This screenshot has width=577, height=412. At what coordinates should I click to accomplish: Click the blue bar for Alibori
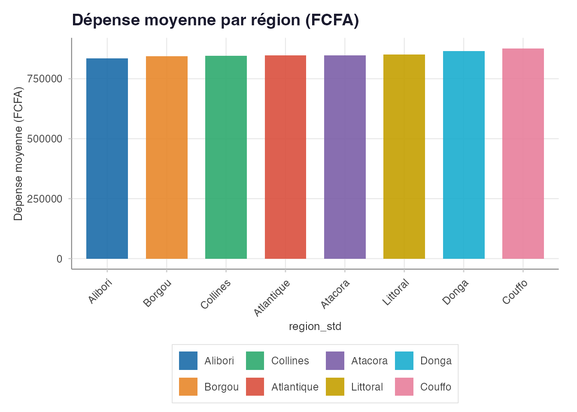point(107,158)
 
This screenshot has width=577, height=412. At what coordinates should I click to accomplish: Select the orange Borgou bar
point(167,158)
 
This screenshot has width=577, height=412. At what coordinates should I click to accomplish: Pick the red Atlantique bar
point(285,157)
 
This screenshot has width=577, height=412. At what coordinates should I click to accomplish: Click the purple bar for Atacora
point(345,157)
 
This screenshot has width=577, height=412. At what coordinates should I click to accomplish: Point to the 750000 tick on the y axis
point(45,79)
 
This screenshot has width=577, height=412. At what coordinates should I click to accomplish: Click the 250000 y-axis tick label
point(45,199)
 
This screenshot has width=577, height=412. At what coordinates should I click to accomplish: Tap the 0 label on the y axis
point(59,259)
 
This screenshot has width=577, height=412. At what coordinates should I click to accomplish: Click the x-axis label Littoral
point(396,292)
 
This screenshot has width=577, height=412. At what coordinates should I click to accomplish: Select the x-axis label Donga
point(456,292)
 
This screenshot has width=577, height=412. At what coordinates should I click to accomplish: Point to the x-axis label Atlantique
point(272,298)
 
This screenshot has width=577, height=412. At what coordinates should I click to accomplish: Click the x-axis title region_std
point(315,327)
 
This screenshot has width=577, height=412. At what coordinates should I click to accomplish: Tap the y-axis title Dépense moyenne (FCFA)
point(18,154)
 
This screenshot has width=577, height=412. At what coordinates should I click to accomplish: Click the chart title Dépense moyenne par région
point(215,20)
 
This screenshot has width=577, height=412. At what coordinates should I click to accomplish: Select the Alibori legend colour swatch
point(188,360)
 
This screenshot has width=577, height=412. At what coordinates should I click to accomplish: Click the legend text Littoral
point(367,387)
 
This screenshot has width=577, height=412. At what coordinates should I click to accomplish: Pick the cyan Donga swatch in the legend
point(404,360)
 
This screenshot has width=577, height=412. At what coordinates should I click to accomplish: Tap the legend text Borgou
point(221,387)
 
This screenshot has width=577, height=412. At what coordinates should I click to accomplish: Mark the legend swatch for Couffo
point(404,387)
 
